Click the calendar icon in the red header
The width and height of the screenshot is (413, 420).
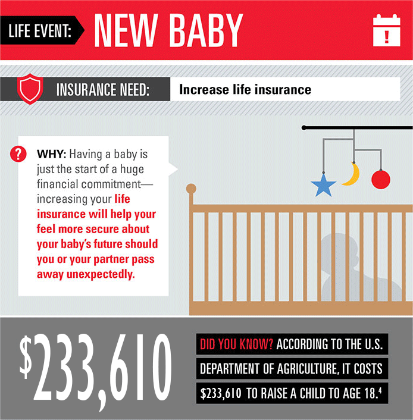coord(386,30)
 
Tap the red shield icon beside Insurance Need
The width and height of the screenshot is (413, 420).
coord(30,89)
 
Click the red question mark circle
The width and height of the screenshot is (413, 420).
coord(18,154)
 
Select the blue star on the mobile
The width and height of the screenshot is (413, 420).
coord(324,186)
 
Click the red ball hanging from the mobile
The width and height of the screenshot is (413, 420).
coord(381,180)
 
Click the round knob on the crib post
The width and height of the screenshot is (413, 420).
coord(191,189)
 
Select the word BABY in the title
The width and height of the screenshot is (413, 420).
coord(206,30)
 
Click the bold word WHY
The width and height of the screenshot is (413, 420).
coord(51,154)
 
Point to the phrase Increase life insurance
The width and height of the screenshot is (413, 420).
coord(245,89)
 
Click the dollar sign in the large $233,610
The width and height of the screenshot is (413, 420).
coord(26,357)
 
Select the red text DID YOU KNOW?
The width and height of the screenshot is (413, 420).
coord(236,344)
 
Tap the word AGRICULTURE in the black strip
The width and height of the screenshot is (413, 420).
coord(306,369)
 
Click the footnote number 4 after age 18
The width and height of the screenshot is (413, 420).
coord(380,390)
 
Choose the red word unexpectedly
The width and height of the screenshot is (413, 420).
coord(101,274)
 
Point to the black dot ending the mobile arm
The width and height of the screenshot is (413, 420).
coord(304,128)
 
